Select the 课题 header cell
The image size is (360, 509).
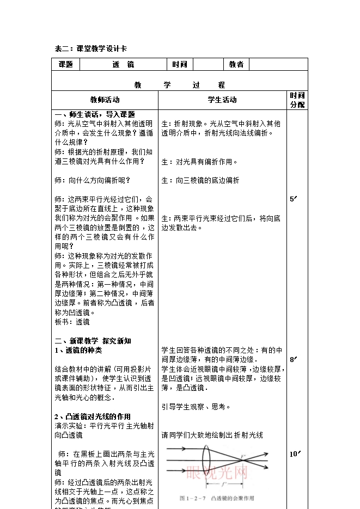[x=65, y=64]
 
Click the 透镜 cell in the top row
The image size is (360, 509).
[x=123, y=64]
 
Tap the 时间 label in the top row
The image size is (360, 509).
[x=180, y=64]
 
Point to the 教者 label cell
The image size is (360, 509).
[x=236, y=64]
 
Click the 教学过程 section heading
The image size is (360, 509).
[x=179, y=85]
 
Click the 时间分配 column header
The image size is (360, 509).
[x=297, y=100]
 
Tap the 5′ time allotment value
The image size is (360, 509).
[x=294, y=199]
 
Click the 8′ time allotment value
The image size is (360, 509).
[x=294, y=359]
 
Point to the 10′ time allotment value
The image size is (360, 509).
[x=295, y=453]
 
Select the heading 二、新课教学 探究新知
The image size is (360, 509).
[x=93, y=341]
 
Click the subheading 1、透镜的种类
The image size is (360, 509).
[x=78, y=350]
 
